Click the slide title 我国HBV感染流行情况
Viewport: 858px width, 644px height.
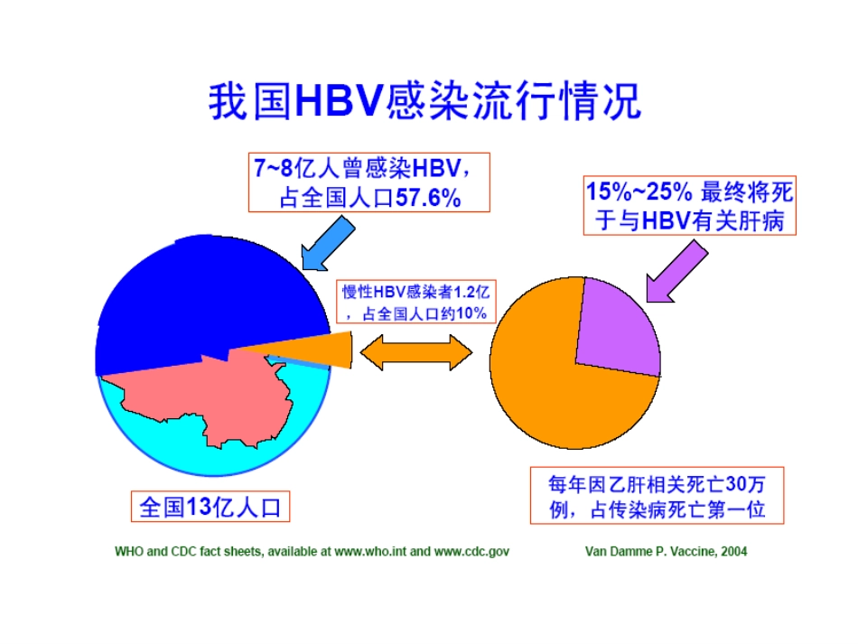coord(424,101)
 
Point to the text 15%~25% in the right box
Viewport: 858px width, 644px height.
coord(639,191)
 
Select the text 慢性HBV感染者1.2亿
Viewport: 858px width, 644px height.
coord(415,293)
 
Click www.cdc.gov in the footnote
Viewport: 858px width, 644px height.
coord(472,551)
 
